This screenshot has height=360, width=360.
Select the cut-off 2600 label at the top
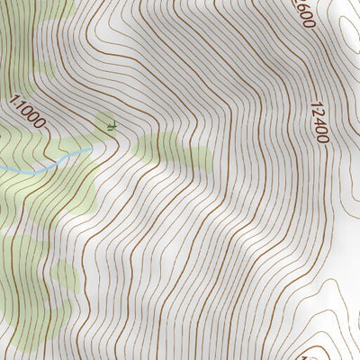click(303, 13)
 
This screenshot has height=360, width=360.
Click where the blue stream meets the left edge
click(1, 167)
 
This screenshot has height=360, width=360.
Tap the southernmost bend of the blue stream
click(34, 171)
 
